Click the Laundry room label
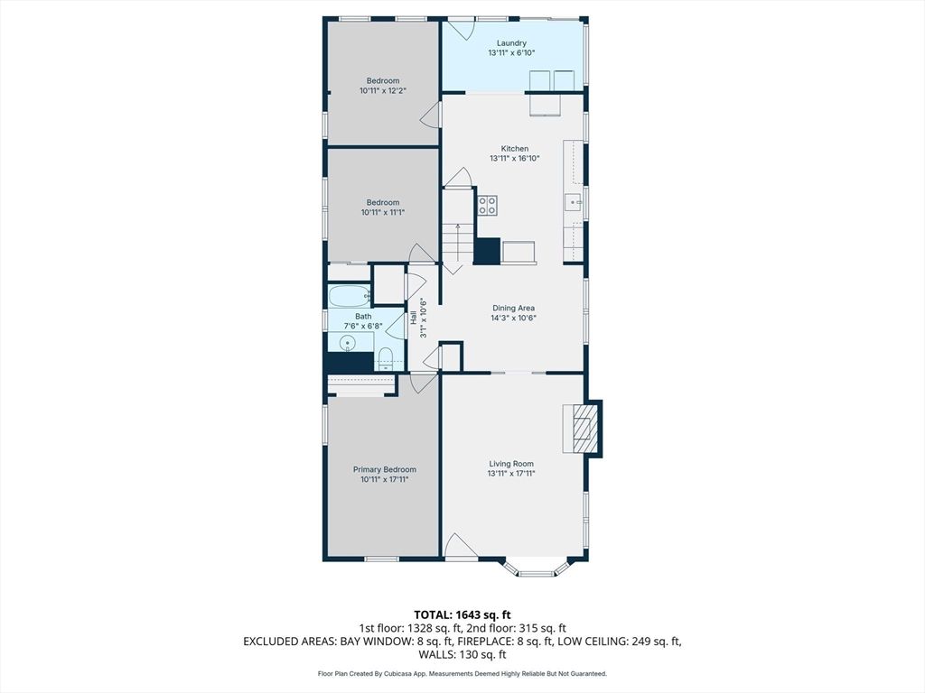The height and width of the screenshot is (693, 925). (512, 43)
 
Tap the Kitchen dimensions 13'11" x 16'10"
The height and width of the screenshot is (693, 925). (514, 159)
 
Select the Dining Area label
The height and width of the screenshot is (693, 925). (513, 308)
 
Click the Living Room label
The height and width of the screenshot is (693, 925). (511, 464)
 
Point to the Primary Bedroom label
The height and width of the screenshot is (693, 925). (384, 469)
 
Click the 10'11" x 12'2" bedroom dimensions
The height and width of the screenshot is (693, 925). (382, 90)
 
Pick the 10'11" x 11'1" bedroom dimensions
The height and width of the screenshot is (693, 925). (382, 212)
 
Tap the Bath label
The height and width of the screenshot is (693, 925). (363, 316)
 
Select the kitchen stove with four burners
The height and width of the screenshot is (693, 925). (488, 205)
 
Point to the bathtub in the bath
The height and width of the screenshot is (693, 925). (349, 295)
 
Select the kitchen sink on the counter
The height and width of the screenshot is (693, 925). (574, 202)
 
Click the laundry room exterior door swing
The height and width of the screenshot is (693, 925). (461, 29)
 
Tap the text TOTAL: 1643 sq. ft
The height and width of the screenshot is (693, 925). (462, 614)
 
